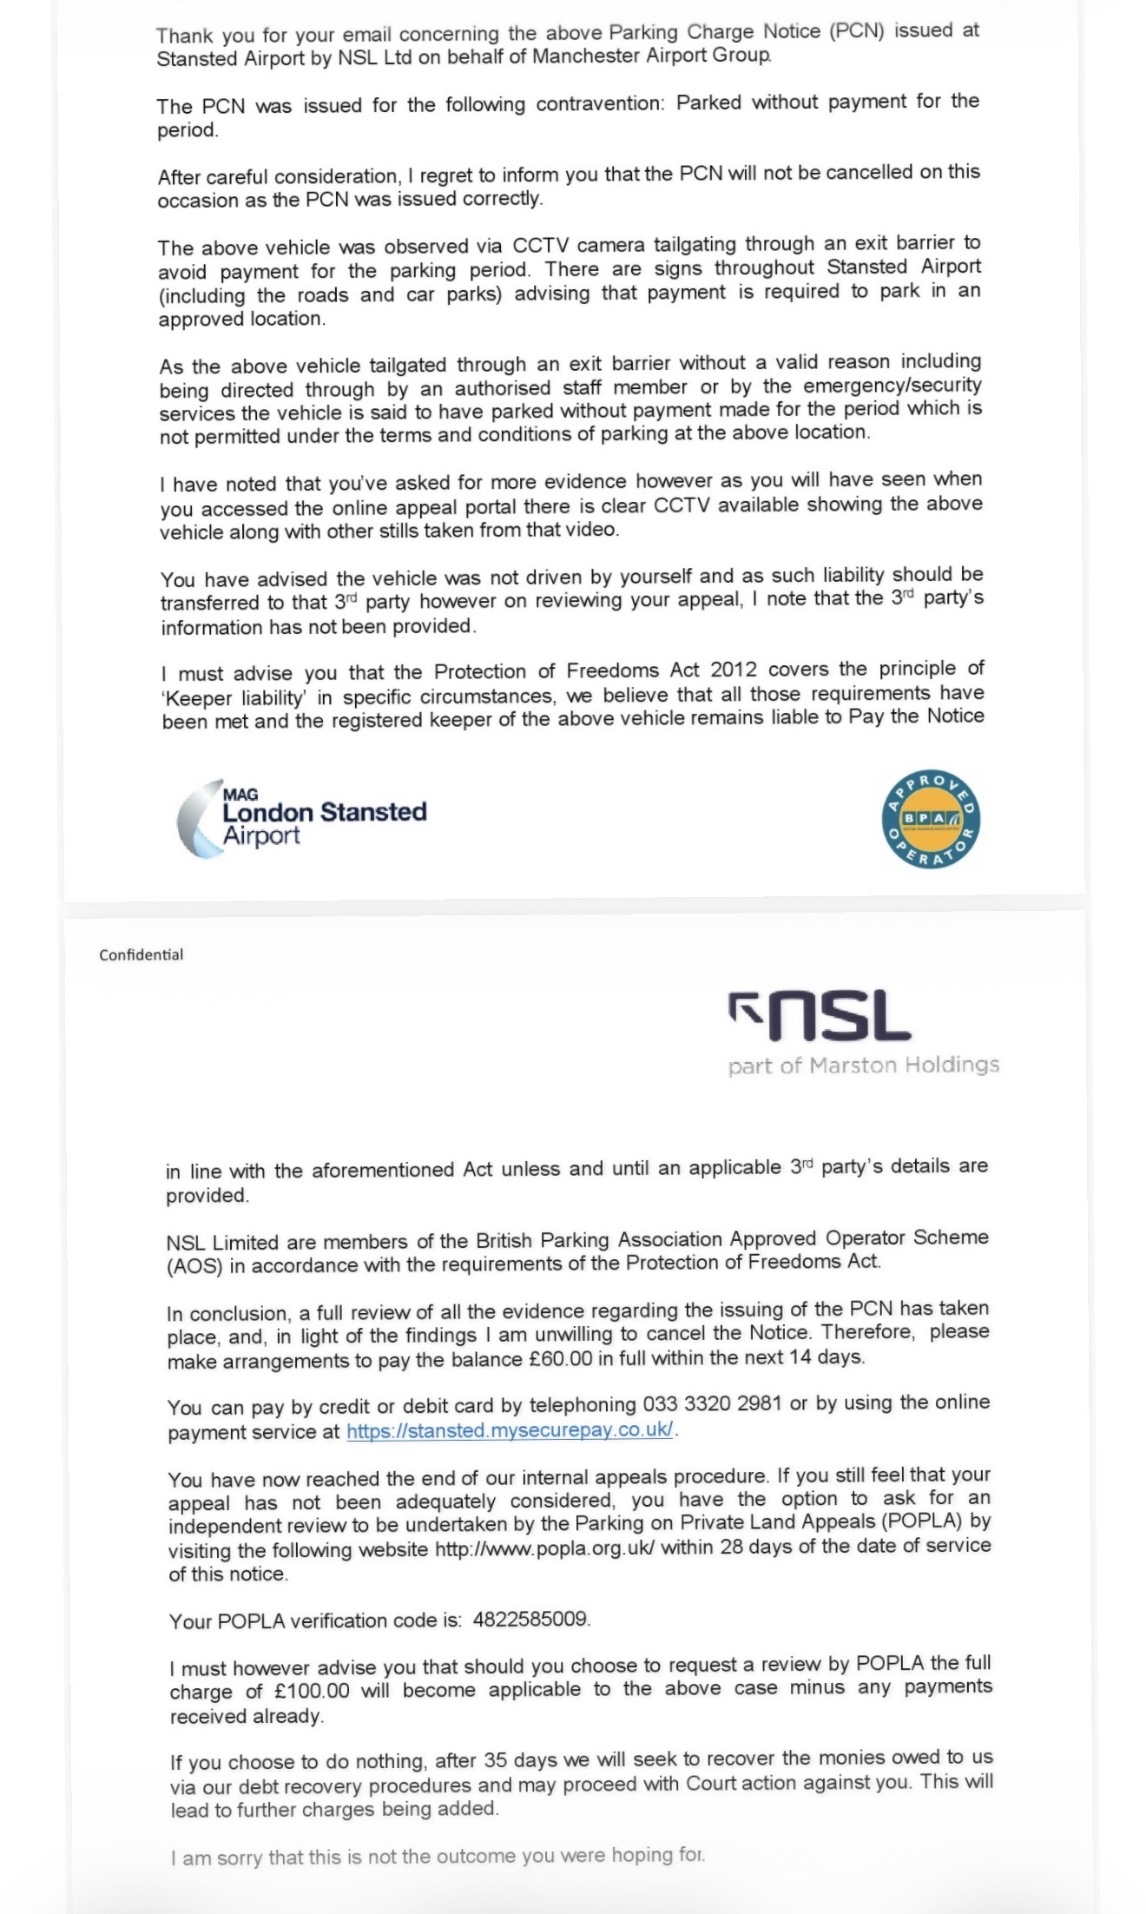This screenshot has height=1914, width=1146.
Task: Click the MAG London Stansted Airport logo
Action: (301, 819)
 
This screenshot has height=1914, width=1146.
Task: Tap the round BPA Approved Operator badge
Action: (931, 819)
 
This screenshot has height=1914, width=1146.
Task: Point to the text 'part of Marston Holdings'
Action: (863, 1066)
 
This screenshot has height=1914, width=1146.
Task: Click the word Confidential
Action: (141, 955)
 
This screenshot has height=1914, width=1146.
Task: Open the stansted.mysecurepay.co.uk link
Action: (510, 1430)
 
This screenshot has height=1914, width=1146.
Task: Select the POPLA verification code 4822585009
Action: (530, 1620)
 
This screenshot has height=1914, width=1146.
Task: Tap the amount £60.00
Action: (560, 1358)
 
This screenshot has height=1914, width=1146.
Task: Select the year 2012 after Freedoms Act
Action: (734, 670)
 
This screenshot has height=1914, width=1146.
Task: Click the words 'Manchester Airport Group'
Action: (651, 56)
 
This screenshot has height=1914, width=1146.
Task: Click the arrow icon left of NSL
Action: (744, 1008)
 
